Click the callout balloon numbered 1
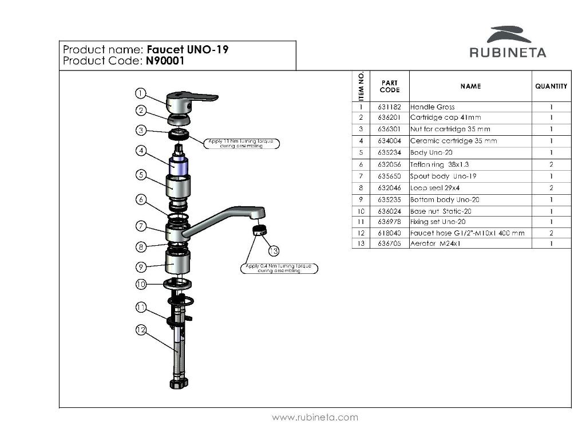click(x=141, y=93)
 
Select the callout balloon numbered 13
click(x=274, y=251)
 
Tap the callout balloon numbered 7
click(x=141, y=226)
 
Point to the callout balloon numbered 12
click(x=141, y=330)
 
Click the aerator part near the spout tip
click(x=259, y=231)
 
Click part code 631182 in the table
click(x=389, y=107)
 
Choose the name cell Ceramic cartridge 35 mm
click(x=453, y=141)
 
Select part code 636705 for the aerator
click(x=389, y=243)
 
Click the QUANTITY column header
click(x=551, y=87)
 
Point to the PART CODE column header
click(x=389, y=87)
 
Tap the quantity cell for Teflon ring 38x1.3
click(x=551, y=164)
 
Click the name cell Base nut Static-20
click(x=441, y=211)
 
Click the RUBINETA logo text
click(x=508, y=53)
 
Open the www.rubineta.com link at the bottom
click(x=315, y=418)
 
